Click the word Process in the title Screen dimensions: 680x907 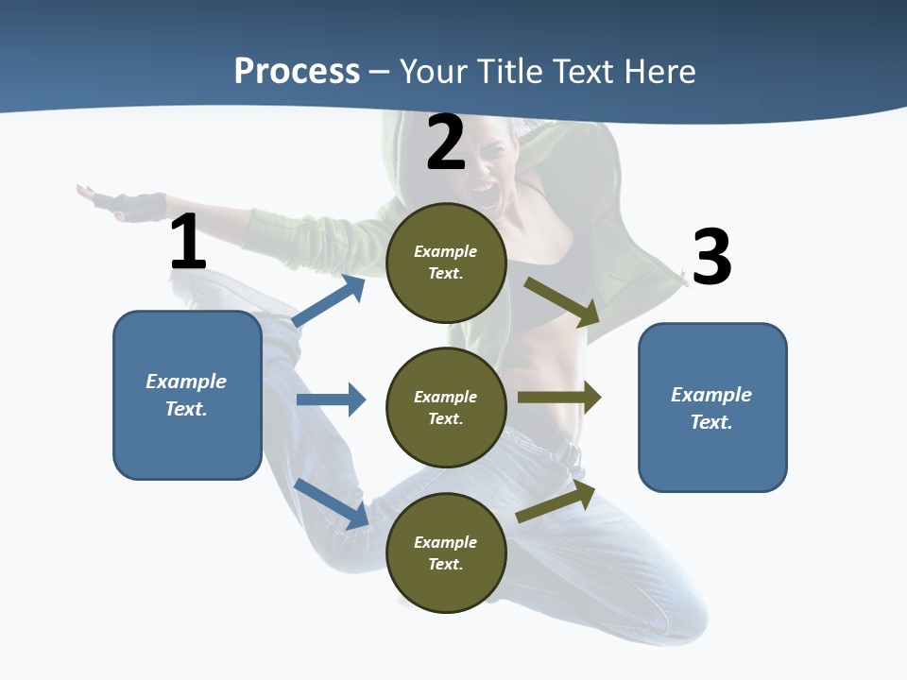coord(297,71)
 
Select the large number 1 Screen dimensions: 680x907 coord(188,242)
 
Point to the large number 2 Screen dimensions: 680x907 coord(446,143)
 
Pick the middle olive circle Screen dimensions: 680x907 coord(446,407)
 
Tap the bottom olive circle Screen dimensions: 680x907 coord(446,552)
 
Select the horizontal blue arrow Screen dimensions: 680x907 coord(331,399)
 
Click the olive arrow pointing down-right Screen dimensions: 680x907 coord(563,302)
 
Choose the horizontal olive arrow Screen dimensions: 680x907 coord(558,398)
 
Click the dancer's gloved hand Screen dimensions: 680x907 coord(140,204)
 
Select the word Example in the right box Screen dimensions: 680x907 coord(711,395)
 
